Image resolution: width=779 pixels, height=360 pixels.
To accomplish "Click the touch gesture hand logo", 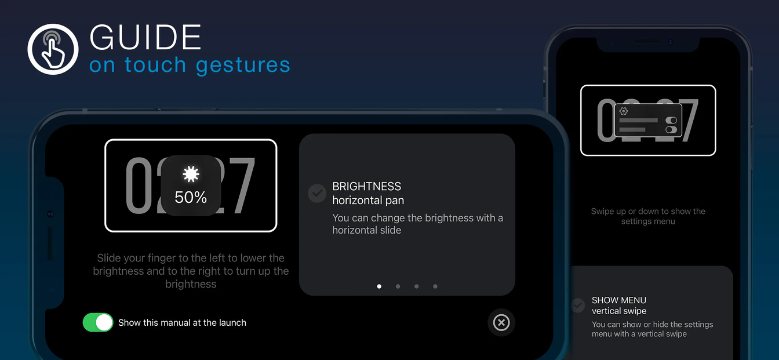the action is pyautogui.click(x=53, y=49).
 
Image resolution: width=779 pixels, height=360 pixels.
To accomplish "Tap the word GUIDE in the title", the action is pyautogui.click(x=145, y=37).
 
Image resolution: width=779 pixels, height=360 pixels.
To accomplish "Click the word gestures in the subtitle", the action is pyautogui.click(x=243, y=65).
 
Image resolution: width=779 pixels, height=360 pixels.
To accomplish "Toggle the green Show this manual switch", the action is pyautogui.click(x=98, y=322).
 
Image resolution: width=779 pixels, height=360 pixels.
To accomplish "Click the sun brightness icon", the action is pyautogui.click(x=191, y=174).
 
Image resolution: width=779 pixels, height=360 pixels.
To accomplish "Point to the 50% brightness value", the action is pyautogui.click(x=191, y=198).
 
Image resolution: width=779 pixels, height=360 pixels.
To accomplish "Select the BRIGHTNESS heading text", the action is pyautogui.click(x=366, y=187).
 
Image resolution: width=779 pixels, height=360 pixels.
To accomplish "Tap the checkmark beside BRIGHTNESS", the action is pyautogui.click(x=317, y=193).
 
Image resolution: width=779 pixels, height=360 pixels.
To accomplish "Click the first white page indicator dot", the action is pyautogui.click(x=379, y=286).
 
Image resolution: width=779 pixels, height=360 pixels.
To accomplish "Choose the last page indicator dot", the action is pyautogui.click(x=435, y=286).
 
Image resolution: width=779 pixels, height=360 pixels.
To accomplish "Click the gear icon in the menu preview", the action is pyautogui.click(x=624, y=111).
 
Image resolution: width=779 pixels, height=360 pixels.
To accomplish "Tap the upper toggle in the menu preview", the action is pyautogui.click(x=671, y=121).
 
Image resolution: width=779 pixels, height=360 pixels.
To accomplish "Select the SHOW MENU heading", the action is pyautogui.click(x=619, y=300).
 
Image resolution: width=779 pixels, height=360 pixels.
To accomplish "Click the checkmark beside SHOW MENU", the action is pyautogui.click(x=578, y=306).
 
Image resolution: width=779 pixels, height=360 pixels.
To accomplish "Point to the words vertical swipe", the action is pyautogui.click(x=619, y=311).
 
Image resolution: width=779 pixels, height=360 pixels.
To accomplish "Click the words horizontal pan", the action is pyautogui.click(x=368, y=201).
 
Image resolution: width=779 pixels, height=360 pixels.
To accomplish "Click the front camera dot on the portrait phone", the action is pyautogui.click(x=670, y=42).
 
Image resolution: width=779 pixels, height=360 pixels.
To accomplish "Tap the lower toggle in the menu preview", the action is pyautogui.click(x=671, y=130).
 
